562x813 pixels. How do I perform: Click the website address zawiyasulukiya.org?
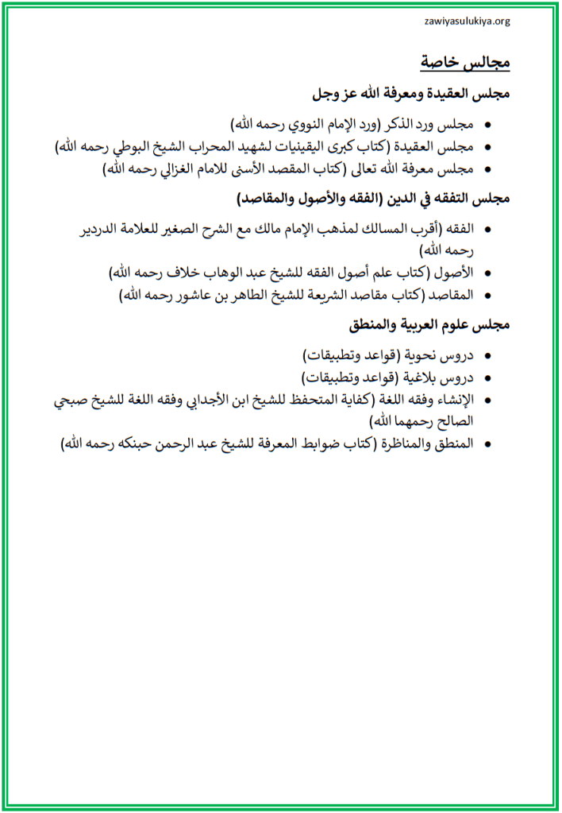pyautogui.click(x=467, y=21)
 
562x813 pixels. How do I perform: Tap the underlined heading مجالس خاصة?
pyautogui.click(x=465, y=63)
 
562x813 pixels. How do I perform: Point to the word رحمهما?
pyautogui.click(x=416, y=420)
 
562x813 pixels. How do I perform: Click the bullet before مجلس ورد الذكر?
pyautogui.click(x=487, y=126)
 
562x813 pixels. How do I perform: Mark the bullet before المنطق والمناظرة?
pyautogui.click(x=487, y=443)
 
